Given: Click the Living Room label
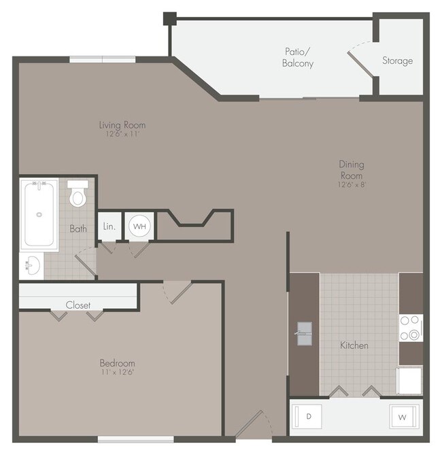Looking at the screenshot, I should [x=122, y=125].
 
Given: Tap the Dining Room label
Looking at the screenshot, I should [x=352, y=169].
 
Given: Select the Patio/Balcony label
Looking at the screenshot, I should [x=298, y=58].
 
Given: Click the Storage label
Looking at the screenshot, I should [x=397, y=61].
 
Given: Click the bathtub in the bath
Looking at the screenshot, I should [x=39, y=214].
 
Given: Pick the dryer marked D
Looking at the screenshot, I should [x=309, y=416].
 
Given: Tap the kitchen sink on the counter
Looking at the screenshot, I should [x=304, y=333].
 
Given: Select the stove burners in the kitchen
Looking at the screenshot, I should [x=411, y=328].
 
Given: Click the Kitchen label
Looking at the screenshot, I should [x=354, y=346].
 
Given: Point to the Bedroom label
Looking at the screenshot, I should [x=117, y=363].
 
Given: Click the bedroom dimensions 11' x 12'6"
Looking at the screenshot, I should [x=117, y=373].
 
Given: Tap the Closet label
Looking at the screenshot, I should [x=78, y=305].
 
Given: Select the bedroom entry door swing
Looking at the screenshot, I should [x=177, y=291].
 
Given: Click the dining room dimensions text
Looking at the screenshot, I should [x=352, y=185].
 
